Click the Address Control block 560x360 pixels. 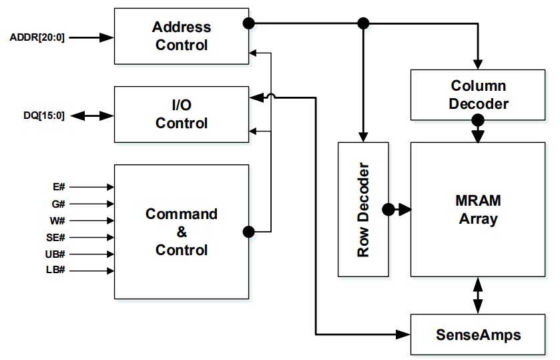tap(181, 37)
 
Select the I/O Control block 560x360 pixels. tap(181, 114)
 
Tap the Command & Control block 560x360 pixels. tap(181, 232)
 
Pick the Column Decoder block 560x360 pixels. tap(478, 95)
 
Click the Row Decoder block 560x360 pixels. tap(364, 209)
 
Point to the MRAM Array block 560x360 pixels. tap(478, 209)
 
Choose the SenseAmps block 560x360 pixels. tap(478, 333)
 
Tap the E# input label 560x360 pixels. tap(59, 188)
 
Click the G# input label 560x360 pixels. tap(59, 204)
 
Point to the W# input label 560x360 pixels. tap(59, 220)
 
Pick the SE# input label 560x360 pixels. tap(57, 237)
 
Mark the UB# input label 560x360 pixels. tap(57, 254)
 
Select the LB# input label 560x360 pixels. tap(57, 271)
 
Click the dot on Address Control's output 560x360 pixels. tap(249, 23)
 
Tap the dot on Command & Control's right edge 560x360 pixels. tap(249, 232)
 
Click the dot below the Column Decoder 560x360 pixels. tap(478, 122)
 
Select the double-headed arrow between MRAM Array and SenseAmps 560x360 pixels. tap(478, 295)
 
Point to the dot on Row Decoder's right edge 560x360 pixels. tap(388, 209)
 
